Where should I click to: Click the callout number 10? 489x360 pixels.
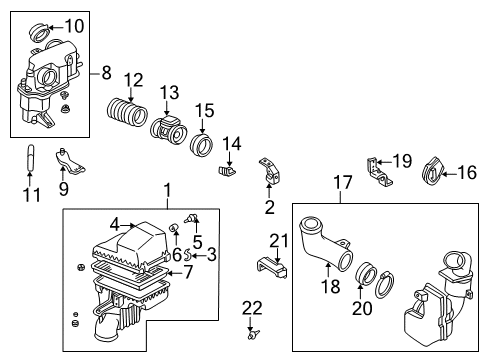(74, 26)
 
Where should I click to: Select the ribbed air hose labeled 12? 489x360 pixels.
(127, 112)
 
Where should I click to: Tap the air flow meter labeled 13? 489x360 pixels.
(168, 130)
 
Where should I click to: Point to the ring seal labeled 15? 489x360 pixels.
(201, 145)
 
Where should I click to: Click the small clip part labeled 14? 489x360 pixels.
(227, 171)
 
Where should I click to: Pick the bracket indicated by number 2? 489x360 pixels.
(269, 171)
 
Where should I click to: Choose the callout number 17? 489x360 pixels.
(343, 183)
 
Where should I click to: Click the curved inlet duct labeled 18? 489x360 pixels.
(325, 245)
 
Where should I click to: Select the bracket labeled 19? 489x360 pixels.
(379, 171)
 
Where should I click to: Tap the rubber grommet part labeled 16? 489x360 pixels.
(433, 170)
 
